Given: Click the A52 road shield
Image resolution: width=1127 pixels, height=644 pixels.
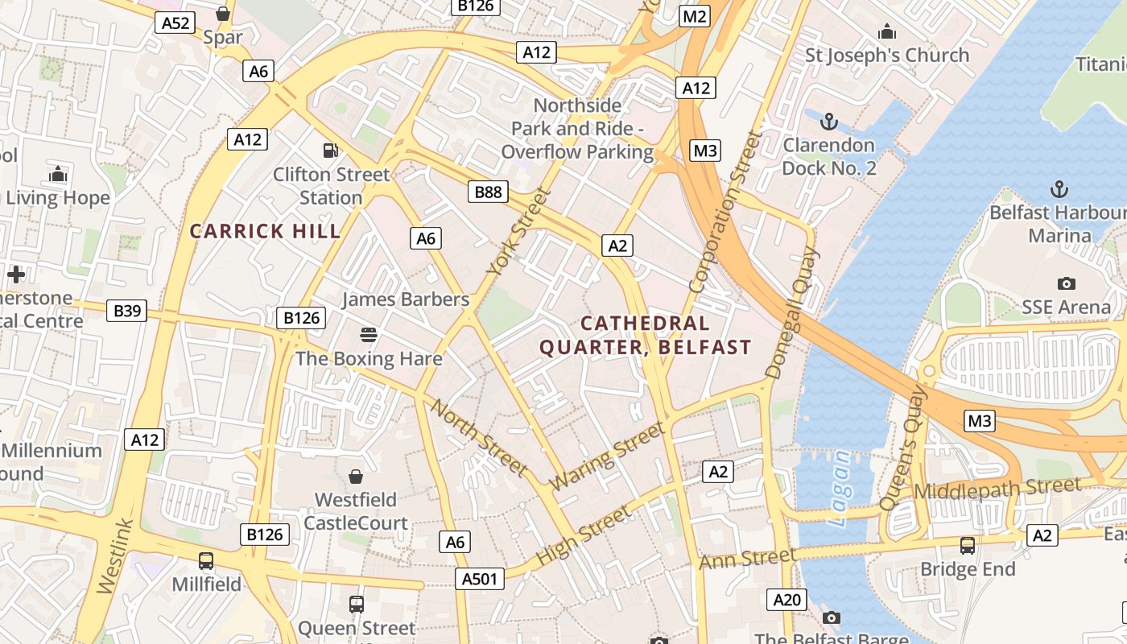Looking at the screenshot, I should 175,23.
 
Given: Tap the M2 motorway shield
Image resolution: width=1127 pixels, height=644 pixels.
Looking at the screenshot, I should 694,16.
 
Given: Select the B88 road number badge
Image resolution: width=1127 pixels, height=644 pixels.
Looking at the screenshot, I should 488,192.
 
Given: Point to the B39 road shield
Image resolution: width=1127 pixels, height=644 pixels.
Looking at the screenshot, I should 127,310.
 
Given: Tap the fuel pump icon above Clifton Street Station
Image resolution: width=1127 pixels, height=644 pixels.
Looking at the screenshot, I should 330,150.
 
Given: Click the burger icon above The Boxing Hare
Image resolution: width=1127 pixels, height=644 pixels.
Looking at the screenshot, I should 369,334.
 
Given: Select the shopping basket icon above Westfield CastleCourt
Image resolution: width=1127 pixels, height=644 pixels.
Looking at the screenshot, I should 355,477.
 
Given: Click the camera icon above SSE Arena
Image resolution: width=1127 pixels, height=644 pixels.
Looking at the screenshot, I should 1067,283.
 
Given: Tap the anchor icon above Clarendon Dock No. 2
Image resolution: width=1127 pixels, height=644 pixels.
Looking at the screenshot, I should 828,122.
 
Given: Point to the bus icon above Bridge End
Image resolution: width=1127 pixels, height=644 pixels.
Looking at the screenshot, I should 968,545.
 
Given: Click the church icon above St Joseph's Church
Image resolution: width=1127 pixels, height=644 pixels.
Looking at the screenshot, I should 887,31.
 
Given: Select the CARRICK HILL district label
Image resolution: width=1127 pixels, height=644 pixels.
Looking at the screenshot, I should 266,232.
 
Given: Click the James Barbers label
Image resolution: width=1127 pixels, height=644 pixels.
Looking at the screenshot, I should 405,299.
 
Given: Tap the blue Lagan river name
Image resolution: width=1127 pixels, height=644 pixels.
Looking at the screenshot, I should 839,488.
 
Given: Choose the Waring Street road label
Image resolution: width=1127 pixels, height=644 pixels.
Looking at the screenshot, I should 608,456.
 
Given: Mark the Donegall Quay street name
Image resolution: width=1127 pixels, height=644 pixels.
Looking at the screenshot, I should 791,314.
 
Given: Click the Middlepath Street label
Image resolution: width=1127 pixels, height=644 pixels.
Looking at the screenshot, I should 997,489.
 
